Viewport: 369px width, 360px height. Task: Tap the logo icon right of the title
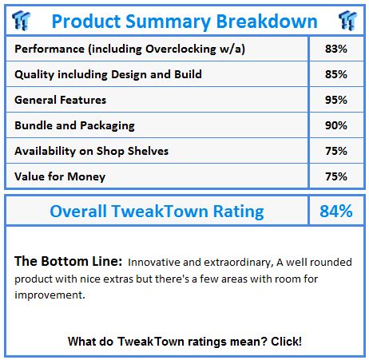coord(347,20)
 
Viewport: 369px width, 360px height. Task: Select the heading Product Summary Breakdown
coord(184,21)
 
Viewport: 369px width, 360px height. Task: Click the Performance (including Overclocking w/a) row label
coord(130,49)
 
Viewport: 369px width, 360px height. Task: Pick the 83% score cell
coord(336,49)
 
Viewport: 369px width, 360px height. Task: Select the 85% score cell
coord(336,75)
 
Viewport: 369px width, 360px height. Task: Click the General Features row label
coord(61,101)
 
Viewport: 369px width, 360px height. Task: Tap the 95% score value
coord(336,101)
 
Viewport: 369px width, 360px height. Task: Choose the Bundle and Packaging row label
coord(74,126)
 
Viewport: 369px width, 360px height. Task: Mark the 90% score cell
coord(336,126)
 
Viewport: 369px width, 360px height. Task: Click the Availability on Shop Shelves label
coord(92,151)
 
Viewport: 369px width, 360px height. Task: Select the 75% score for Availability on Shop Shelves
coord(336,151)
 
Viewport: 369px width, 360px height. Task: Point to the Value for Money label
coord(59,176)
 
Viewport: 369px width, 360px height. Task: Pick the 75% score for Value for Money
coord(336,176)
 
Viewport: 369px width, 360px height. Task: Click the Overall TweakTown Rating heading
coord(157,212)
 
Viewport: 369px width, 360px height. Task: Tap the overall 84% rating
coord(336,212)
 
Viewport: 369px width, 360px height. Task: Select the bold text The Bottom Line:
coord(67,262)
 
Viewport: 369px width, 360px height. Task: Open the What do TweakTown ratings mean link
coord(184,341)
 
